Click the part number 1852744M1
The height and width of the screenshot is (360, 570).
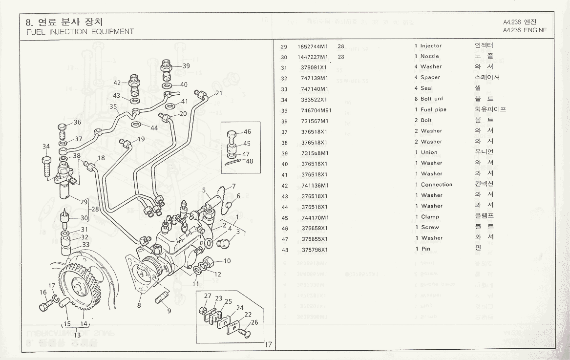[313, 46]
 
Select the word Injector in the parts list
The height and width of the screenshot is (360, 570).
[431, 46]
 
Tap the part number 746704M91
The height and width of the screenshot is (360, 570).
[316, 110]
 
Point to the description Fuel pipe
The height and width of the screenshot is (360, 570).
[433, 110]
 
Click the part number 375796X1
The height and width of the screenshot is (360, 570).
[314, 250]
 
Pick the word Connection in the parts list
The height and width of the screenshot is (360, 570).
[437, 185]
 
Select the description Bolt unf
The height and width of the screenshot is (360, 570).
[432, 99]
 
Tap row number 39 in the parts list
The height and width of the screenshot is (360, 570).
[284, 153]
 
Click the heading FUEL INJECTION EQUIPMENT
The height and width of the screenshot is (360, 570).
[80, 32]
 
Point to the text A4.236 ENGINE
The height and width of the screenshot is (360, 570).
[525, 30]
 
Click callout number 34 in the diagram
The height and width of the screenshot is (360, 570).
[46, 146]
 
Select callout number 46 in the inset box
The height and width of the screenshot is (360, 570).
[247, 132]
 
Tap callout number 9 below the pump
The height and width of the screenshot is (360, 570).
[169, 310]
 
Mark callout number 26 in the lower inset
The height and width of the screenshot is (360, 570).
[254, 322]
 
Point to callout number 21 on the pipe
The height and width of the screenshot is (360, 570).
[218, 93]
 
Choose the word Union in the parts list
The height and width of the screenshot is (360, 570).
[430, 152]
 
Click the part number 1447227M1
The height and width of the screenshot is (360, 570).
[313, 57]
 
